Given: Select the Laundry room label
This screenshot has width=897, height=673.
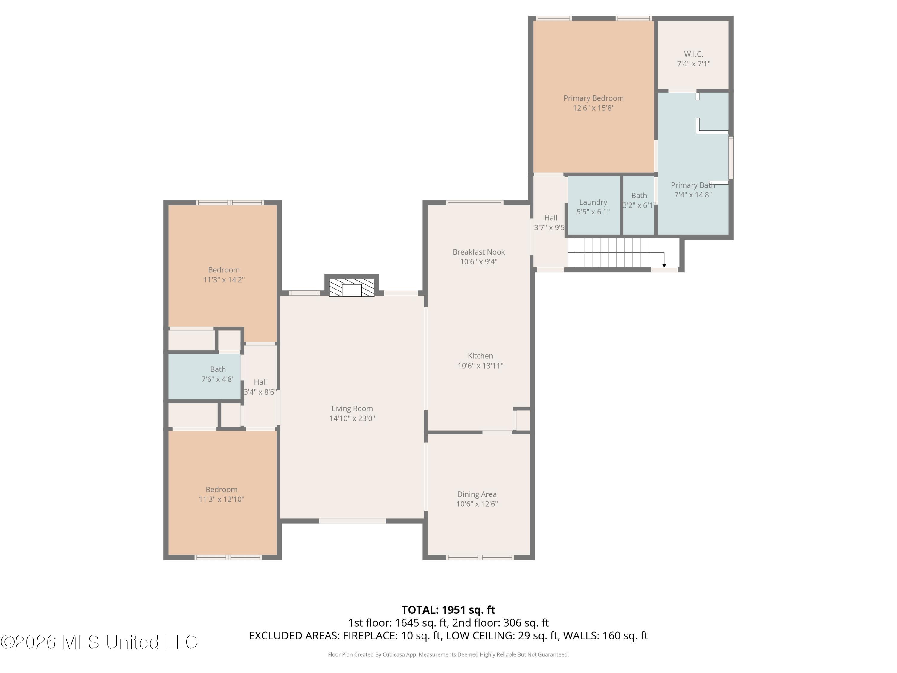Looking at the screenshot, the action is tap(593, 202).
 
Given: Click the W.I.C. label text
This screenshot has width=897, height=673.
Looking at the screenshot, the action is tap(693, 54).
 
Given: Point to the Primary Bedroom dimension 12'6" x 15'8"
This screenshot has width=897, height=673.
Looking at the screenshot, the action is tap(594, 108).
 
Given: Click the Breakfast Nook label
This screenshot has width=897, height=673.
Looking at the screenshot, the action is tap(478, 252).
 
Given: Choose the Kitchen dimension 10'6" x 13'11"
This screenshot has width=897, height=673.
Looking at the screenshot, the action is tap(480, 366).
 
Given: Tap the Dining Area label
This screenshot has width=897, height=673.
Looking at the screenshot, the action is tap(477, 494).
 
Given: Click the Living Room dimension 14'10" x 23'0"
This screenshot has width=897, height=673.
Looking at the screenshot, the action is tap(352, 418).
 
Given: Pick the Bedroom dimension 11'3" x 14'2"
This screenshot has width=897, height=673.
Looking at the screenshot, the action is tap(224, 279).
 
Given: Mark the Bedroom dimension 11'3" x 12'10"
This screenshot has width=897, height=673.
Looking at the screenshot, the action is tap(222, 499).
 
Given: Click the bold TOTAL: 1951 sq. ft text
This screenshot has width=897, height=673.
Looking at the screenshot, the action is tap(448, 610).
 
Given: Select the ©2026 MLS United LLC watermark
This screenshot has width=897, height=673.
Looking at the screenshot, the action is tap(99, 642).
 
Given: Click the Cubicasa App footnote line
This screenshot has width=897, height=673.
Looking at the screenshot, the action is tap(448, 654).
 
